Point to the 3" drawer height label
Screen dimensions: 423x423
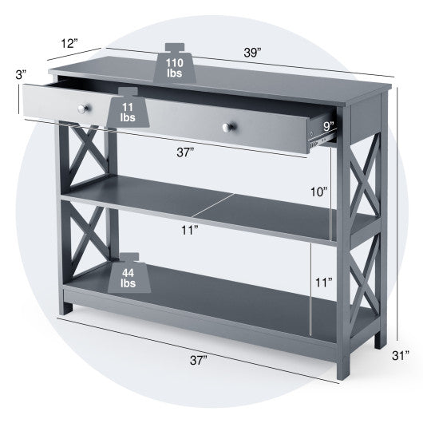pos(10,74)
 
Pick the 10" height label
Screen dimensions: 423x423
pos(319,191)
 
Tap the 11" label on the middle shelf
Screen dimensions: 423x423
pos(189,231)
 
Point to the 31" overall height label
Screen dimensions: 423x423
pos(407,356)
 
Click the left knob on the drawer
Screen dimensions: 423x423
pos(83,107)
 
